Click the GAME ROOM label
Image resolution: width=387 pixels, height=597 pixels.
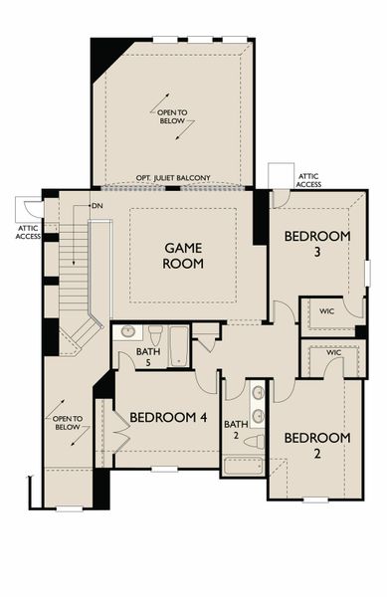tap(183, 256)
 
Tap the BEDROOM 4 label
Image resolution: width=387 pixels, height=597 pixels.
tap(168, 417)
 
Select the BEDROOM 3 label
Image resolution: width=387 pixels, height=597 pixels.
tap(317, 244)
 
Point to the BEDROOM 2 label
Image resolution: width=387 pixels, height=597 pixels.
tap(317, 445)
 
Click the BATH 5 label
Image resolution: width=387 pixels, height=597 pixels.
tap(148, 356)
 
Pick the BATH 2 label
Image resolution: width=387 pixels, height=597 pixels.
tap(236, 429)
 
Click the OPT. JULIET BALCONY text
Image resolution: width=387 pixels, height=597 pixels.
tap(173, 178)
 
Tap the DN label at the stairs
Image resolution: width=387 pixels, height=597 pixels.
tap(97, 206)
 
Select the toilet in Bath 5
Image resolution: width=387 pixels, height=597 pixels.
tap(155, 334)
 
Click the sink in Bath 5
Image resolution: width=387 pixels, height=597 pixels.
tap(127, 332)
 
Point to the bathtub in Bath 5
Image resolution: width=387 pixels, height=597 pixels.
tap(179, 346)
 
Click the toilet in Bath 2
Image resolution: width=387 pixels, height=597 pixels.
tap(255, 442)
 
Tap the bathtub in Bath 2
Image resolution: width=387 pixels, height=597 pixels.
tap(244, 466)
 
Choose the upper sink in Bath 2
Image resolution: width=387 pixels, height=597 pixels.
tap(259, 392)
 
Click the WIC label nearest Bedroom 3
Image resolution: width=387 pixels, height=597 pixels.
tap(327, 311)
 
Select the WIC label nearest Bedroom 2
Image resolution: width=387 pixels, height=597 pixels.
tap(333, 352)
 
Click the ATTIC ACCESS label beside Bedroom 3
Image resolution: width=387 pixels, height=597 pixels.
tap(308, 180)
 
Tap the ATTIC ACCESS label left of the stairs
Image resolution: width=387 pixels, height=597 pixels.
tap(28, 232)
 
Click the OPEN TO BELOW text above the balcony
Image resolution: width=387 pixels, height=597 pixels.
tap(172, 116)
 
